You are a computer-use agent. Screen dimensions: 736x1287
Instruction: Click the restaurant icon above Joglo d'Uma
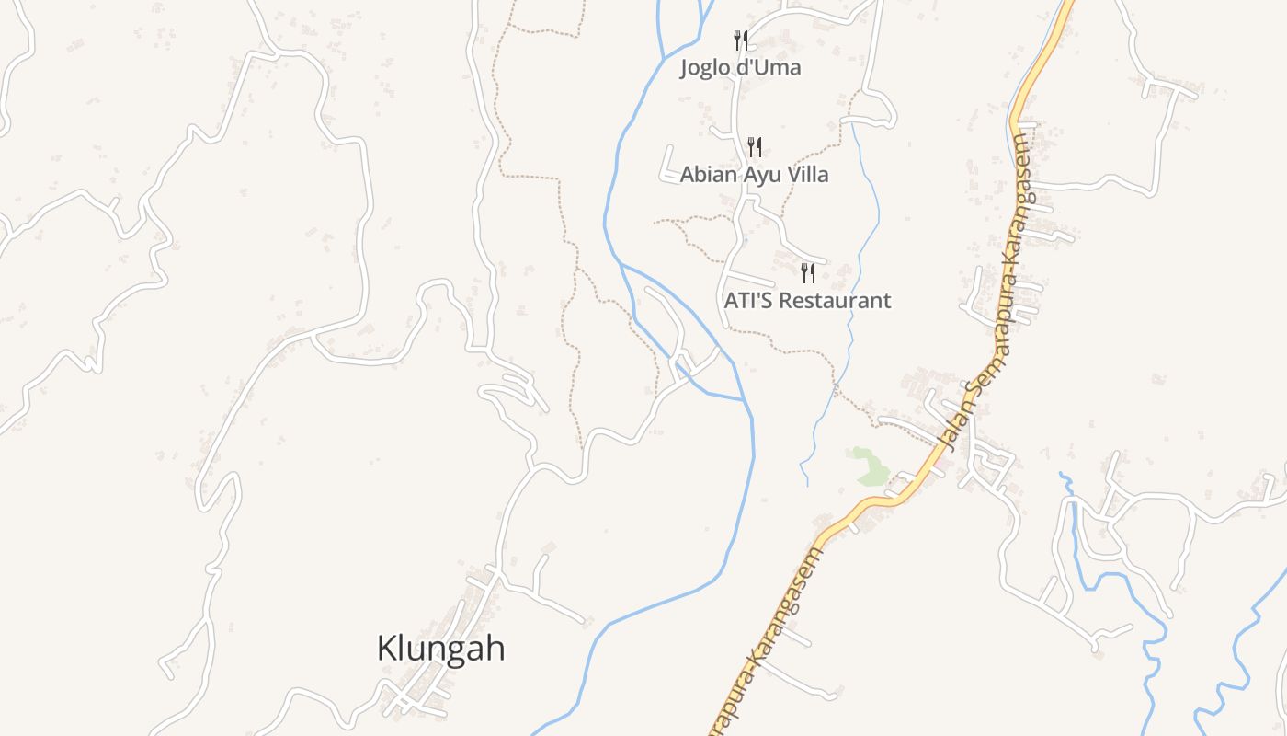(740, 40)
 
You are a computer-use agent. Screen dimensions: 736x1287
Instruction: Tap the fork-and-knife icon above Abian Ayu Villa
(754, 146)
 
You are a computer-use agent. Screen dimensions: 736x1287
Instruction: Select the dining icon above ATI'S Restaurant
(807, 272)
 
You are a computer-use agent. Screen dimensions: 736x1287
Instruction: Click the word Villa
(806, 174)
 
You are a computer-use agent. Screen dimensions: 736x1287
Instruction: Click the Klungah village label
(441, 649)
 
